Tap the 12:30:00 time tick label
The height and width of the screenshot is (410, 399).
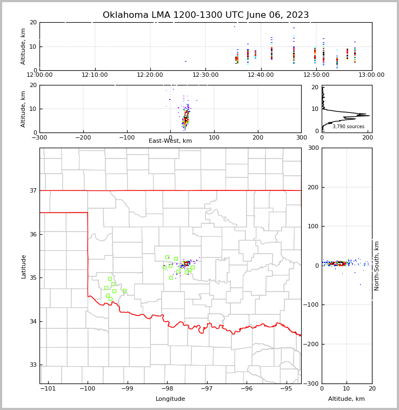click(205, 75)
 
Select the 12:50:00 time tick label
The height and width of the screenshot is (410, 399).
click(316, 75)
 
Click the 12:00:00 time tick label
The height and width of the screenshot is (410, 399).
click(39, 75)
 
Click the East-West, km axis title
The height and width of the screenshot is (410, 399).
click(170, 141)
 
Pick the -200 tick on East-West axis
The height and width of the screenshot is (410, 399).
click(83, 137)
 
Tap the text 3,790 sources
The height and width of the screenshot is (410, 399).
click(348, 127)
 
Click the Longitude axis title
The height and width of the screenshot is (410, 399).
click(170, 399)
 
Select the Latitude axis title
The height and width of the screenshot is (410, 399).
click(24, 266)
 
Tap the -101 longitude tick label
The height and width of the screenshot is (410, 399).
click(48, 388)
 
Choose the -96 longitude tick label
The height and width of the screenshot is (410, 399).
click(247, 388)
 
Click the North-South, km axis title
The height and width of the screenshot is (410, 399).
click(377, 266)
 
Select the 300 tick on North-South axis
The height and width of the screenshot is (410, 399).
click(312, 148)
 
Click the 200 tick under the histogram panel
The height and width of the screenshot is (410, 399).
click(368, 137)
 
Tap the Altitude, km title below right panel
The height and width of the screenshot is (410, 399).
click(347, 399)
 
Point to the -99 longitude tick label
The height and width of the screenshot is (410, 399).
click(128, 388)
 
